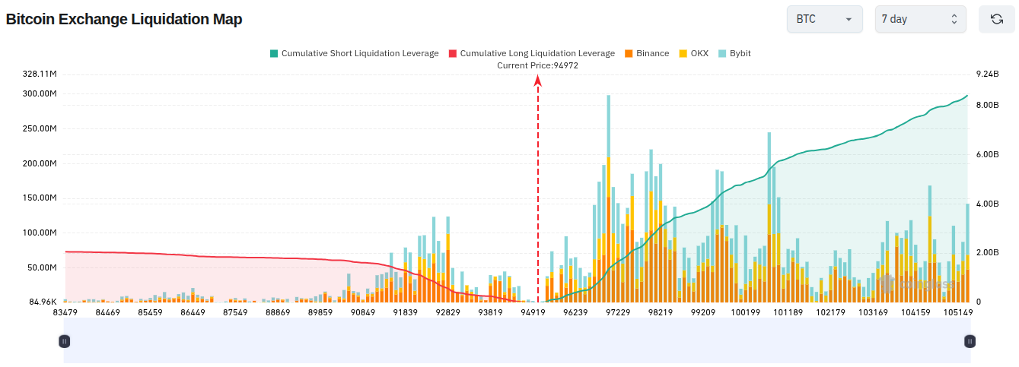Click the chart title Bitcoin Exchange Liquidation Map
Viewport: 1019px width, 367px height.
click(124, 19)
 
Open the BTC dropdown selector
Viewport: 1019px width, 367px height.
click(824, 19)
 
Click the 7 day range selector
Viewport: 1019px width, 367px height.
click(920, 19)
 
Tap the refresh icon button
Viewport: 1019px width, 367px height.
click(997, 19)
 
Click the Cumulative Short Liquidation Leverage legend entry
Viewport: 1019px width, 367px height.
click(355, 53)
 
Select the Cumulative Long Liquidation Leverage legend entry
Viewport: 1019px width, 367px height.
click(532, 53)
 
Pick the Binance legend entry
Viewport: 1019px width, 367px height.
click(647, 53)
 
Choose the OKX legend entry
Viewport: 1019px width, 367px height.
click(694, 53)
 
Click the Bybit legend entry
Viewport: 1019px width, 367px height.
click(734, 53)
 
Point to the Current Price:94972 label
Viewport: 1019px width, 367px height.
click(537, 65)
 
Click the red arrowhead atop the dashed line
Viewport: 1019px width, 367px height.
click(538, 81)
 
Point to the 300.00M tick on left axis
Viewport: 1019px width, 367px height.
click(40, 93)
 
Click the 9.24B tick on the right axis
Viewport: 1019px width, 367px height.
click(988, 74)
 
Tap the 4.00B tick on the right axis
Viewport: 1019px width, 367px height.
click(988, 204)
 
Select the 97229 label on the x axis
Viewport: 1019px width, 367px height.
click(618, 312)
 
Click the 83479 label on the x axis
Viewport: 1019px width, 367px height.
click(65, 312)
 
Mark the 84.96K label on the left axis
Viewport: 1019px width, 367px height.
click(43, 302)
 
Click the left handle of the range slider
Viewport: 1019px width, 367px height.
click(65, 341)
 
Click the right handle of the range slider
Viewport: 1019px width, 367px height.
click(970, 341)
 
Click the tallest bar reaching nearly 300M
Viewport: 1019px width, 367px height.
click(609, 199)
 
